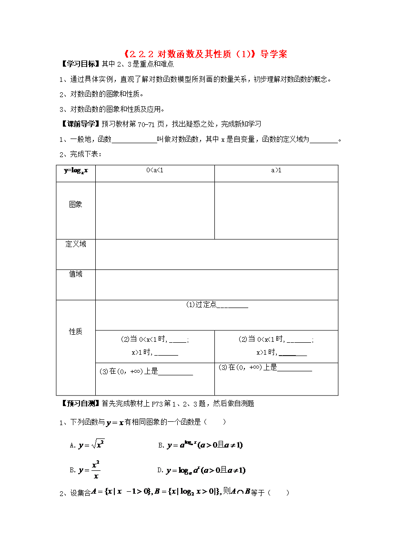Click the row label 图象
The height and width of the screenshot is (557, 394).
76,204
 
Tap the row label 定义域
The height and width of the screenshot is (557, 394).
76,244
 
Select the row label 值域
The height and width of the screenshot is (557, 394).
76,274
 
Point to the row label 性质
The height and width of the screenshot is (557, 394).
76,331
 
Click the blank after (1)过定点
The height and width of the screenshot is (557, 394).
232,306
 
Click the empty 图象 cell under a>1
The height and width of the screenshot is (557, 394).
276,210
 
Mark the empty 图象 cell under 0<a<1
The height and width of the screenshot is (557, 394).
155,210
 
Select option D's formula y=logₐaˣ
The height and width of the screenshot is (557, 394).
206,470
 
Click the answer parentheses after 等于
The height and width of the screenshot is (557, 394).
279,493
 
